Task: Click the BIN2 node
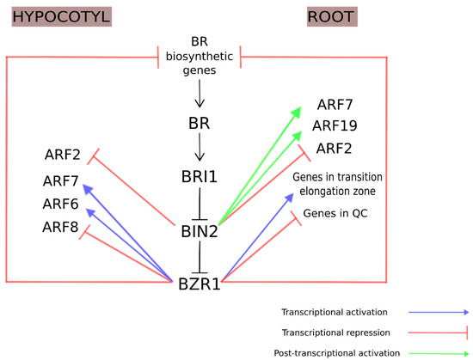point(199,229)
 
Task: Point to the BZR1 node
point(199,281)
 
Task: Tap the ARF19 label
point(341,127)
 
